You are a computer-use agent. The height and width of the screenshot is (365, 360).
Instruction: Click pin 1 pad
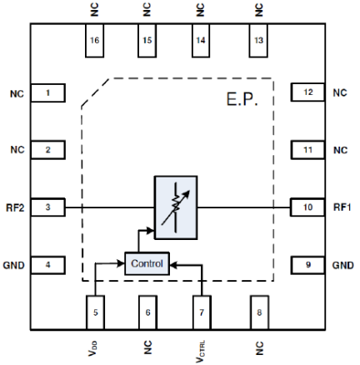pos(47,92)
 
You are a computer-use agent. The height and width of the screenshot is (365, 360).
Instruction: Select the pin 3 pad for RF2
pos(47,207)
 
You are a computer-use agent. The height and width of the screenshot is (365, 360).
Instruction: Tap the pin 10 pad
pos(307,207)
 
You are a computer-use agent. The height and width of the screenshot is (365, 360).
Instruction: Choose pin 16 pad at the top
pos(94,41)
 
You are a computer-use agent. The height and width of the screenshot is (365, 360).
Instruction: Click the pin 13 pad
pos(258,41)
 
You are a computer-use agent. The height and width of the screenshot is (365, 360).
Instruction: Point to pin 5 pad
pos(95,312)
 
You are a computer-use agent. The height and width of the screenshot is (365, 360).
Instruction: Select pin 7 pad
pos(202,312)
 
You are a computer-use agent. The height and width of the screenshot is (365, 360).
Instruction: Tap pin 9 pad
pos(307,265)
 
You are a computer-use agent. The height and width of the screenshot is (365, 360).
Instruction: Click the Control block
pos(147,263)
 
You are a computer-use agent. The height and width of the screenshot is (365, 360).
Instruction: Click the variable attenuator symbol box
pos(176,207)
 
